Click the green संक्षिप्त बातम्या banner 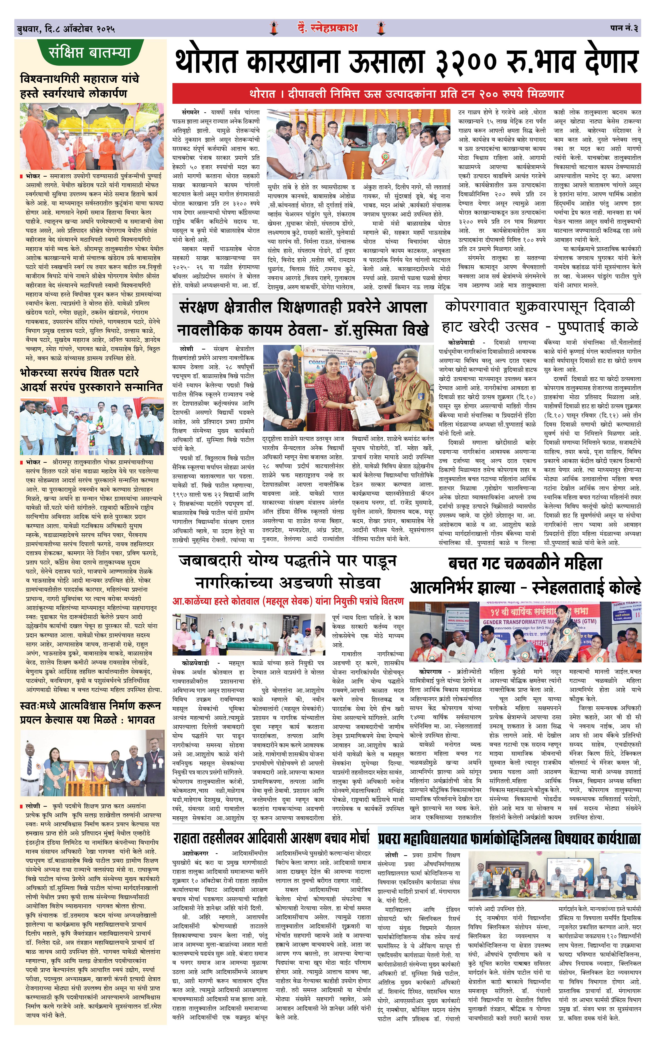pyautogui.click(x=90, y=53)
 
